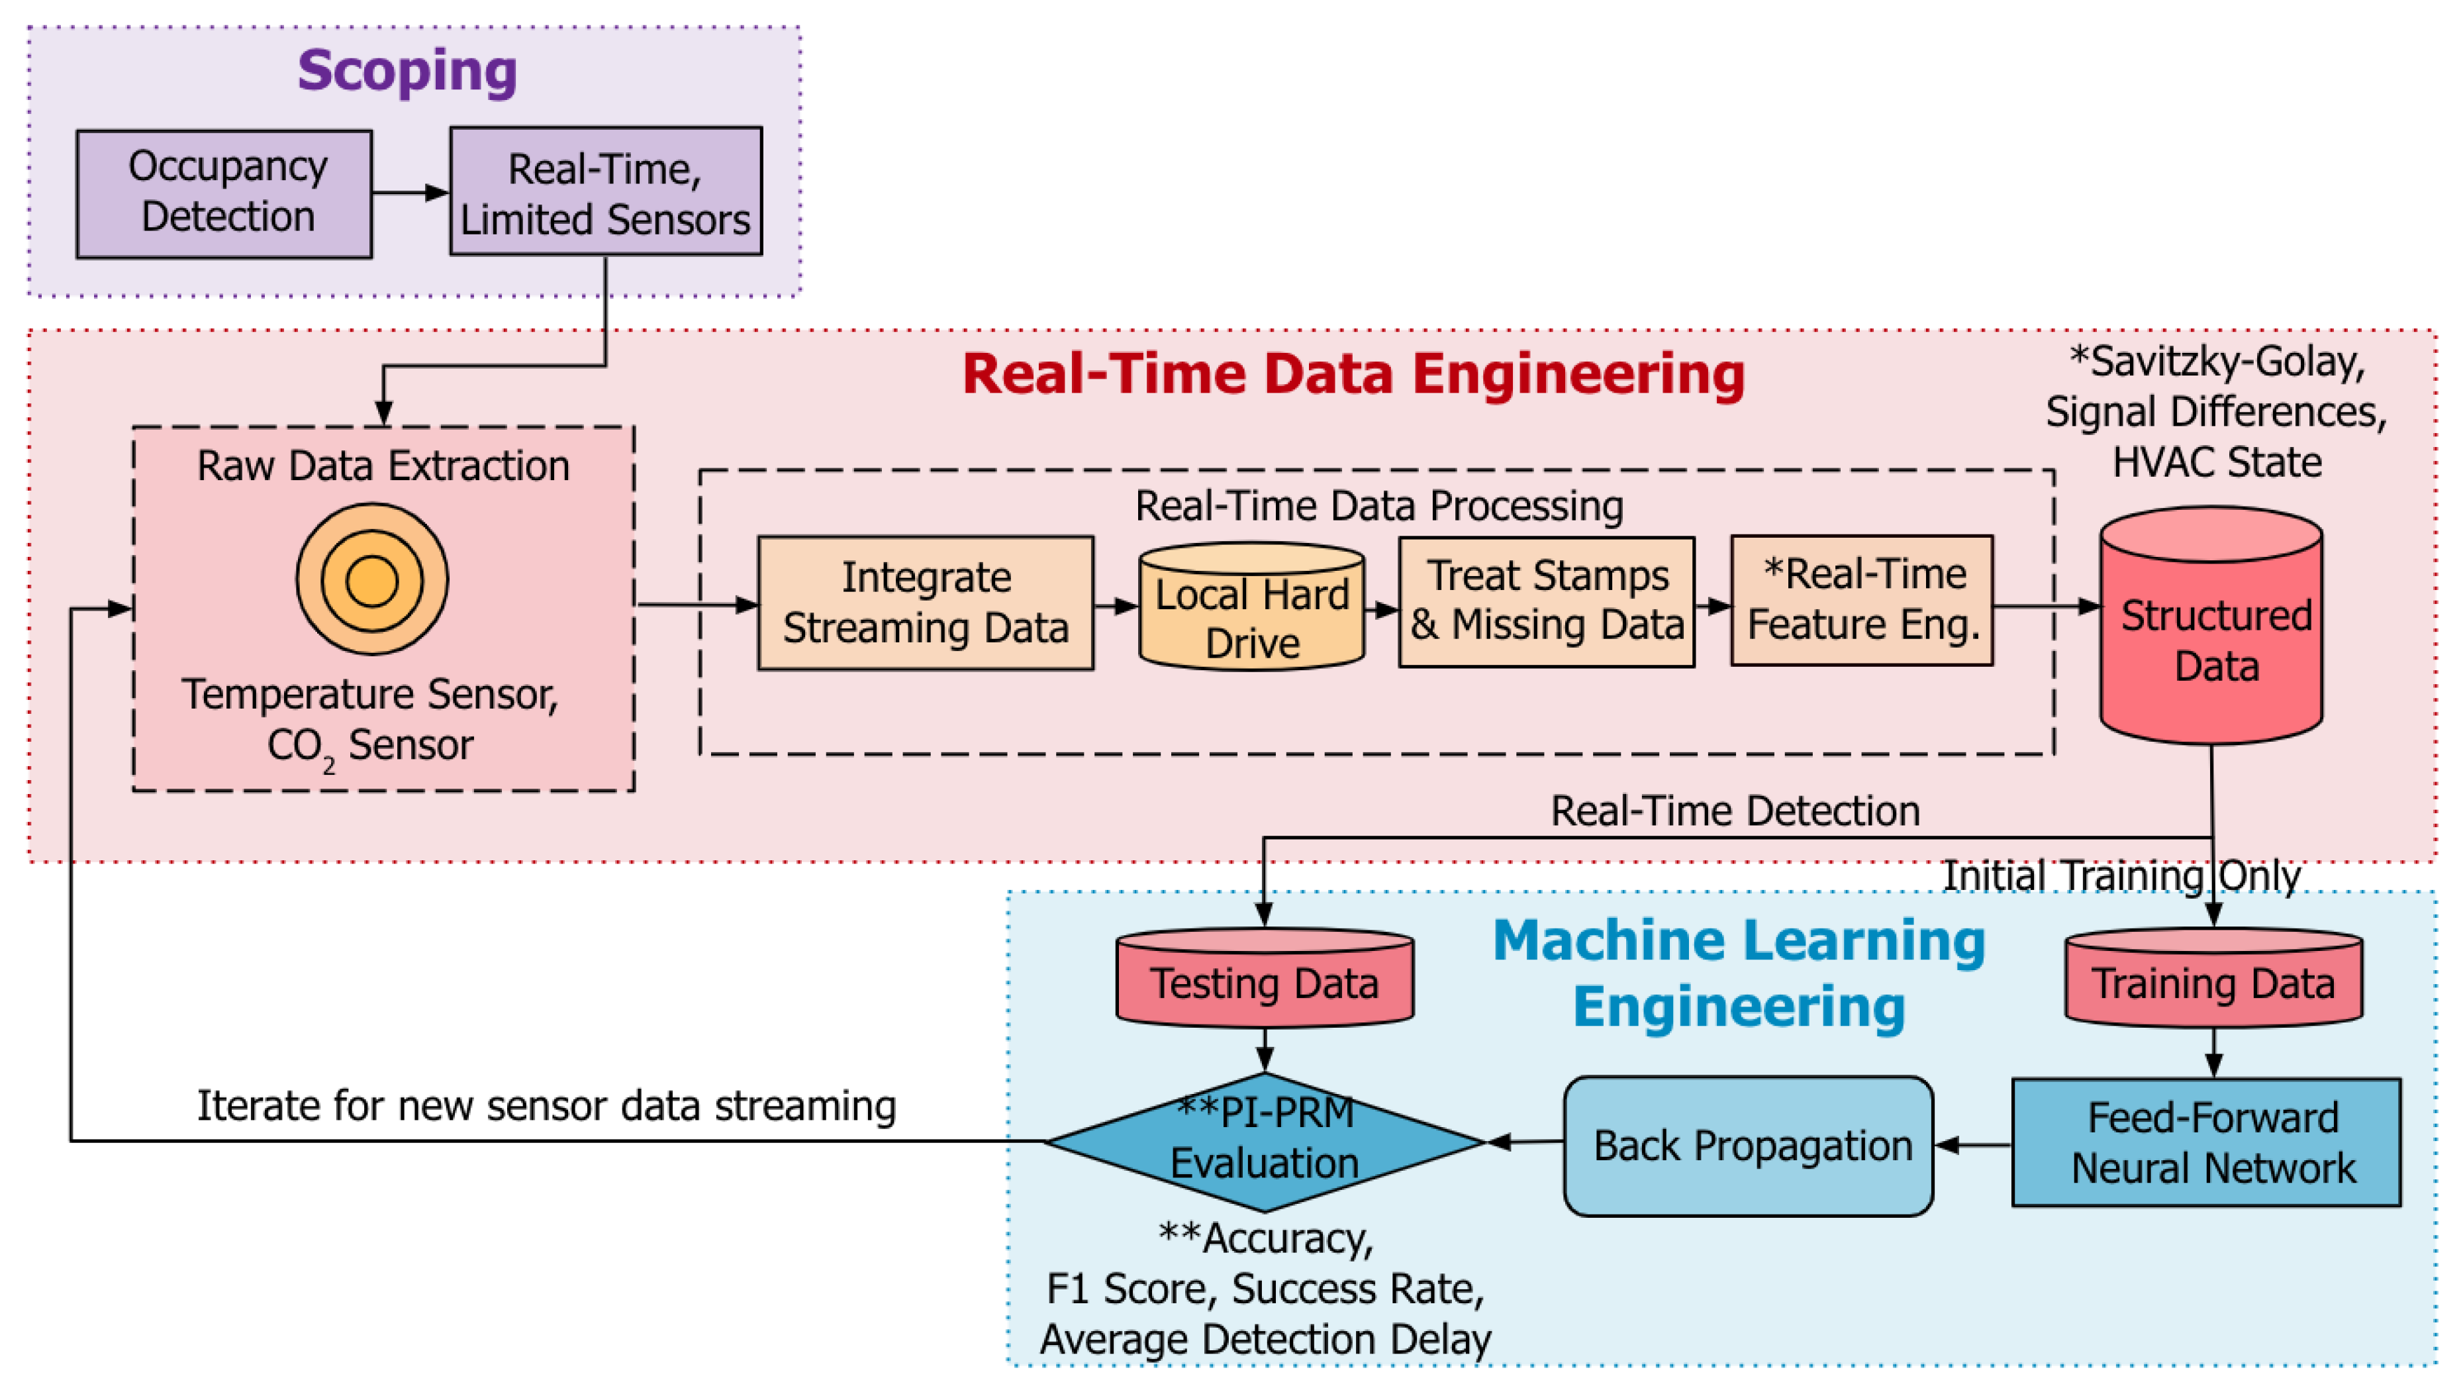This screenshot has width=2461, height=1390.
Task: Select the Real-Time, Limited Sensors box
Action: pos(606,192)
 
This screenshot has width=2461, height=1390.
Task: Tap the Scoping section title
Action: pos(407,72)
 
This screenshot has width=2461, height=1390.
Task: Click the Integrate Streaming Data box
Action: pos(925,603)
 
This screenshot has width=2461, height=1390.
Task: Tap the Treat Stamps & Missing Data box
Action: pos(1546,602)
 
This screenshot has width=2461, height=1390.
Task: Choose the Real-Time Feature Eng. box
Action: pos(1862,600)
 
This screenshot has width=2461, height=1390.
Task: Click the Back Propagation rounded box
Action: pos(1749,1146)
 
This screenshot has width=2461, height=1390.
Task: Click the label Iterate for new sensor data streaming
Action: pos(546,1107)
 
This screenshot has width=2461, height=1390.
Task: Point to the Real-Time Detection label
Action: pos(1735,811)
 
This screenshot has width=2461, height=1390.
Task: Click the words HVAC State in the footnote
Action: pos(2217,462)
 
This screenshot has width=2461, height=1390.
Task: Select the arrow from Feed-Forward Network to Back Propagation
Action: pos(1973,1144)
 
